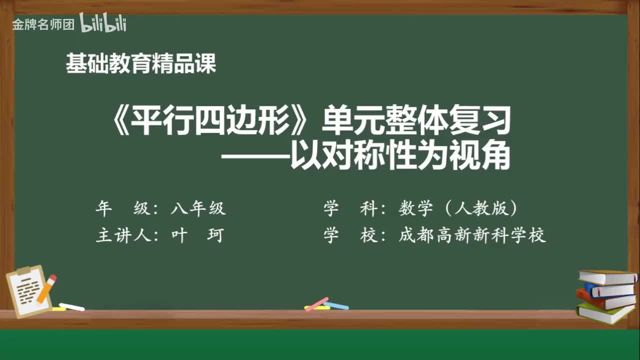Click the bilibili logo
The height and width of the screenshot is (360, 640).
click(102, 23)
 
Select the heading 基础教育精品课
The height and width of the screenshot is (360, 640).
click(141, 64)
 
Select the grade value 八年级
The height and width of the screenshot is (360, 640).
click(198, 208)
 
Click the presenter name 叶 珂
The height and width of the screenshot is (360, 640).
click(196, 235)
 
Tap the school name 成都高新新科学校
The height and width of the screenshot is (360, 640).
click(472, 235)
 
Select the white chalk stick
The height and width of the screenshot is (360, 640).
click(72, 306)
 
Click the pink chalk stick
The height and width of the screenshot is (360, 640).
click(317, 303)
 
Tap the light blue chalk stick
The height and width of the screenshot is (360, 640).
click(336, 305)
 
